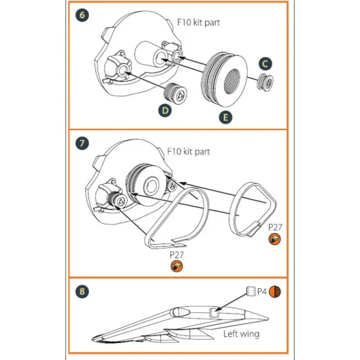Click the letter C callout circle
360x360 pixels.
(x=266, y=63)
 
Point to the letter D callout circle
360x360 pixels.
(x=166, y=111)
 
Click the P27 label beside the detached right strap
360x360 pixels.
(x=276, y=226)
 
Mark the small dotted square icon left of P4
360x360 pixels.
(x=249, y=290)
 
